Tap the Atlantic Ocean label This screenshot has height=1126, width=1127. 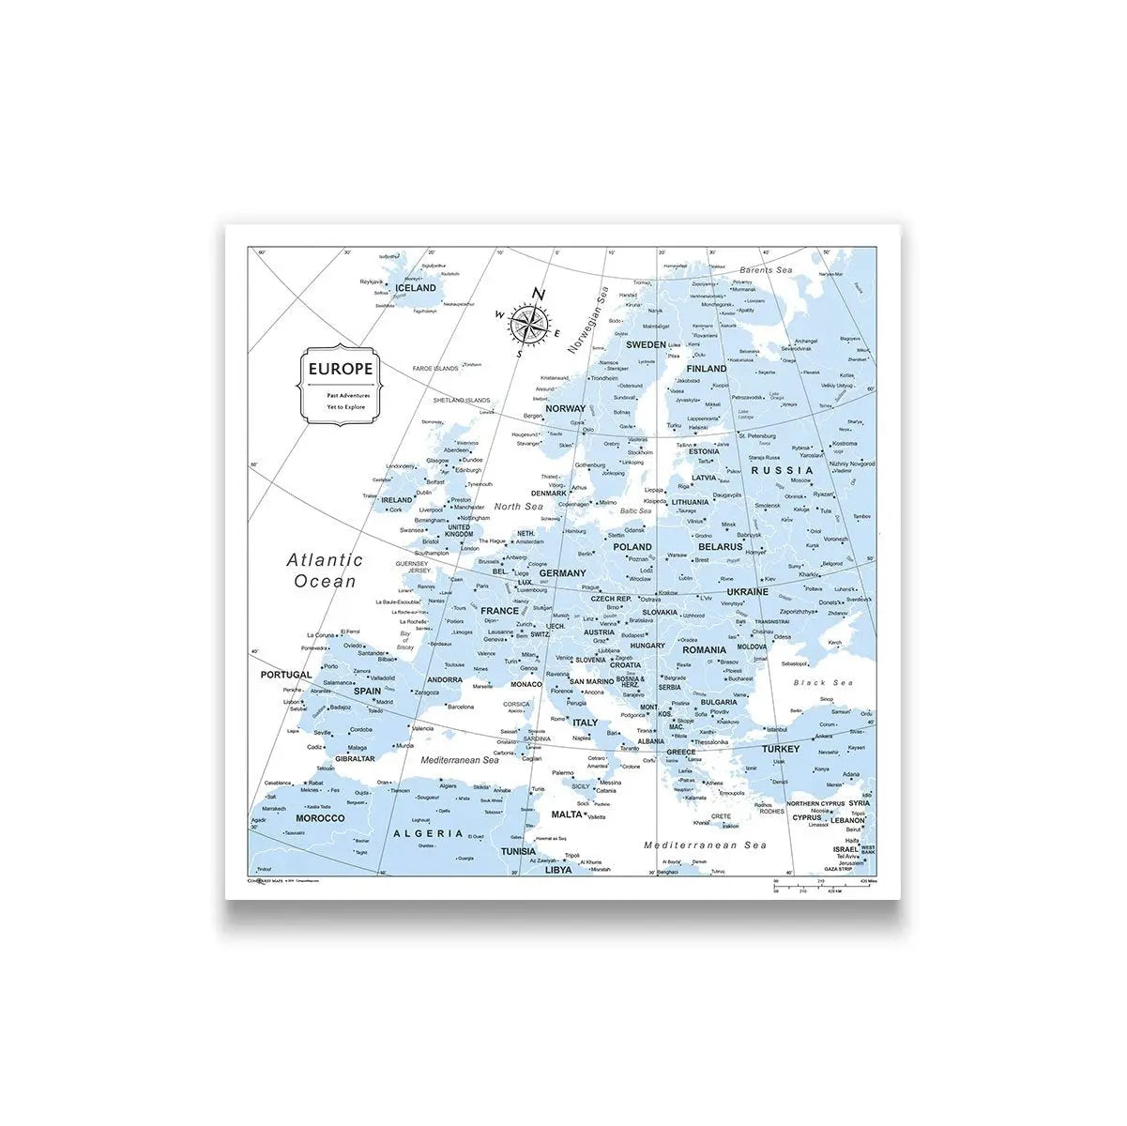click(x=325, y=571)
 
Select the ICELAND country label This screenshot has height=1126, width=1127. click(x=417, y=288)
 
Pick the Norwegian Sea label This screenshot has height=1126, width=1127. click(x=587, y=320)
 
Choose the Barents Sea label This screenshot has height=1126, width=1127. click(x=766, y=270)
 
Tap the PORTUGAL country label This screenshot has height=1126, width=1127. click(x=285, y=675)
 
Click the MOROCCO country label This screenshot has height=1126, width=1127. click(x=320, y=818)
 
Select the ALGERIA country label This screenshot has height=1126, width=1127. click(x=428, y=833)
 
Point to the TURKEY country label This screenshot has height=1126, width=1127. click(x=781, y=749)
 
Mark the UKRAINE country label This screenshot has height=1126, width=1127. click(x=747, y=592)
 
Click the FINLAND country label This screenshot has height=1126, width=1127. click(x=706, y=369)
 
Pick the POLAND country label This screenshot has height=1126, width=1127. click(x=632, y=546)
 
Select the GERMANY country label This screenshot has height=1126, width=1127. click(x=562, y=572)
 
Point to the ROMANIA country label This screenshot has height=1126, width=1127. click(x=704, y=649)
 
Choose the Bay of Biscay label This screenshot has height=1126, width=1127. click(x=405, y=641)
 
